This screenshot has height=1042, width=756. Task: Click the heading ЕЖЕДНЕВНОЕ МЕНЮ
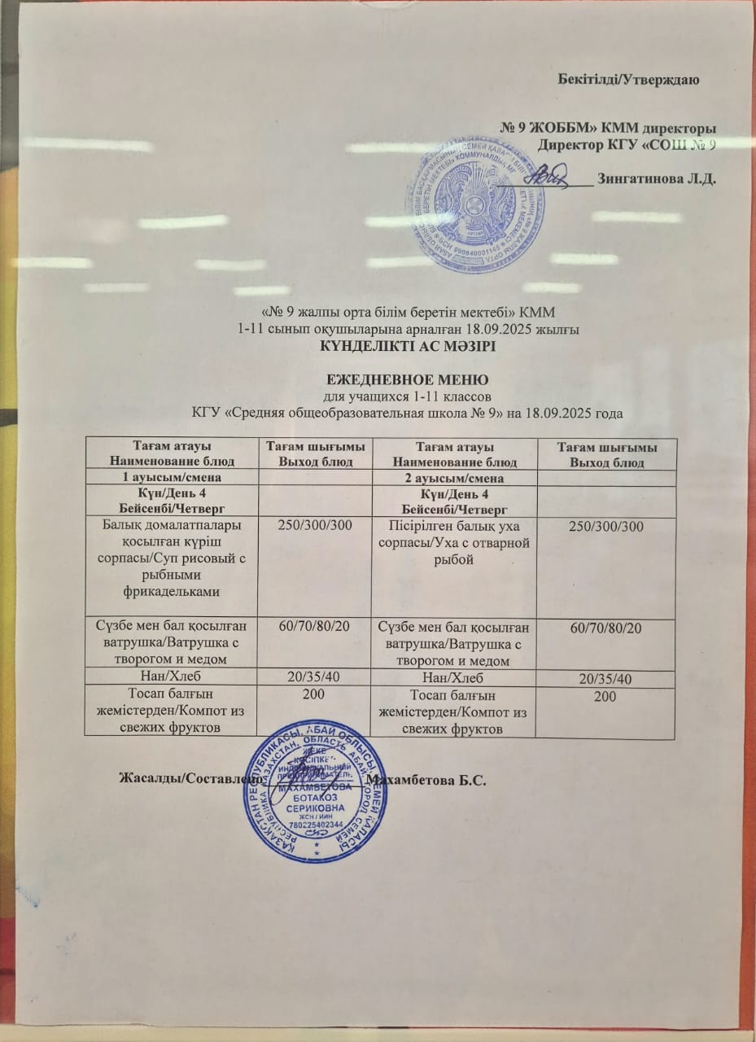407,379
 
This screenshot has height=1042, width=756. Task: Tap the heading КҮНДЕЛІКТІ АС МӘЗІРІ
407,345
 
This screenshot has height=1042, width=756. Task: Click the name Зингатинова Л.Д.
656,178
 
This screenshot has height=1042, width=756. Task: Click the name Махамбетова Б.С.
427,781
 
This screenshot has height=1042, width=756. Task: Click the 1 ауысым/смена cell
170,478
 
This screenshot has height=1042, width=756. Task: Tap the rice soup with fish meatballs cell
170,555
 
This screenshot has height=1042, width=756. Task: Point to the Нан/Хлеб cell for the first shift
170,678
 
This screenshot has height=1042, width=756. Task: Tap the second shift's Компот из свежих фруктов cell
453,711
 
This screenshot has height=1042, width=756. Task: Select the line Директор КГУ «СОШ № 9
627,145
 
